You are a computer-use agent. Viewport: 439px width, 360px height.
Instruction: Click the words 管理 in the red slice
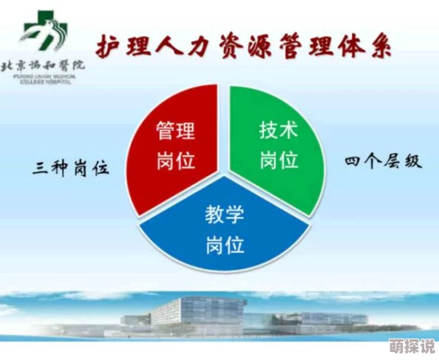click(x=176, y=132)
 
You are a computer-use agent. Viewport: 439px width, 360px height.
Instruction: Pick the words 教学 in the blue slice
click(x=225, y=217)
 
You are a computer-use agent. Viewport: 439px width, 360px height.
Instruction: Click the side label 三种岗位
click(x=71, y=168)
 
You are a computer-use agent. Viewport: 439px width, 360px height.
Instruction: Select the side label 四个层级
click(x=384, y=160)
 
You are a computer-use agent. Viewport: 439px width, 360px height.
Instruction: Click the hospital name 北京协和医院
click(x=44, y=64)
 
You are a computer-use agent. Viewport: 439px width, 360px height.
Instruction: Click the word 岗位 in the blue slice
click(x=225, y=245)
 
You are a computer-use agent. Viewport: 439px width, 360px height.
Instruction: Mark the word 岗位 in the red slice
click(x=176, y=160)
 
